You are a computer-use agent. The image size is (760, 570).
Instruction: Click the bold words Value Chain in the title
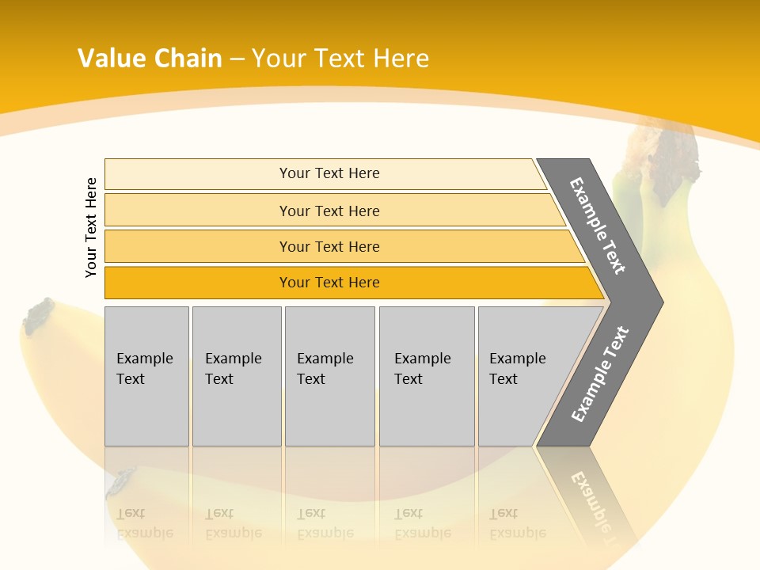[150, 59]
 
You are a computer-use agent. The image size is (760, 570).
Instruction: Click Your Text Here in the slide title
[340, 59]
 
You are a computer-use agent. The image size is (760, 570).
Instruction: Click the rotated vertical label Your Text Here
[91, 227]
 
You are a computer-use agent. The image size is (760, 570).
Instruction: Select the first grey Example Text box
[146, 376]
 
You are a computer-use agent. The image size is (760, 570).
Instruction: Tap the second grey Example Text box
[237, 376]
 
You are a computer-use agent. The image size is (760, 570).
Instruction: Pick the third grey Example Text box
[329, 376]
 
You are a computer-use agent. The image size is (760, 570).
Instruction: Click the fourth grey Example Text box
[427, 376]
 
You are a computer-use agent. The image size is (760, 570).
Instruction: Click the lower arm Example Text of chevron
[600, 374]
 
